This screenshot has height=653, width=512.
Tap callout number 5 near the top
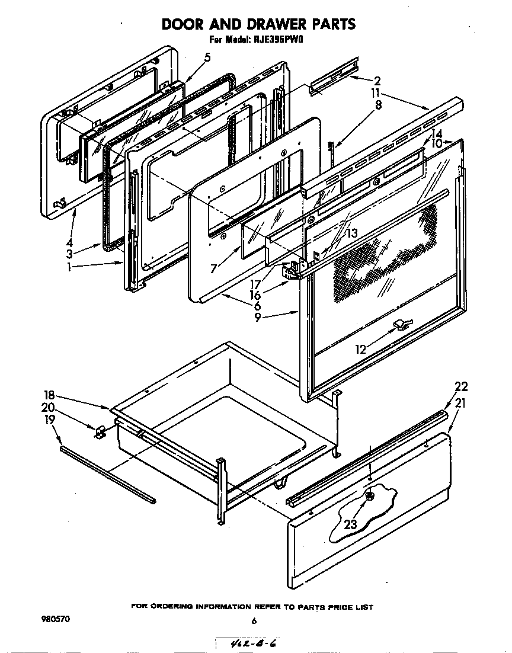click(207, 57)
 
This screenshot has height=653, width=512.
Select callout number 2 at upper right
click(377, 81)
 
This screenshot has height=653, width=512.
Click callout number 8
click(378, 105)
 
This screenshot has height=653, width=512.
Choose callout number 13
click(352, 234)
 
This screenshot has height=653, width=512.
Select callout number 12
click(361, 350)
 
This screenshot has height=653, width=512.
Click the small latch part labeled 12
click(401, 324)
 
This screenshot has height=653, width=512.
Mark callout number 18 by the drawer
click(49, 395)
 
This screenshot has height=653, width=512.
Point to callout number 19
click(49, 420)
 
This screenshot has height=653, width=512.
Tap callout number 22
click(461, 387)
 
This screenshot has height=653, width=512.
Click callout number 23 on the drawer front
click(351, 524)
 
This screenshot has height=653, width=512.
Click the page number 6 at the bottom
click(253, 621)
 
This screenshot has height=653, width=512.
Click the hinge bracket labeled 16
click(290, 271)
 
